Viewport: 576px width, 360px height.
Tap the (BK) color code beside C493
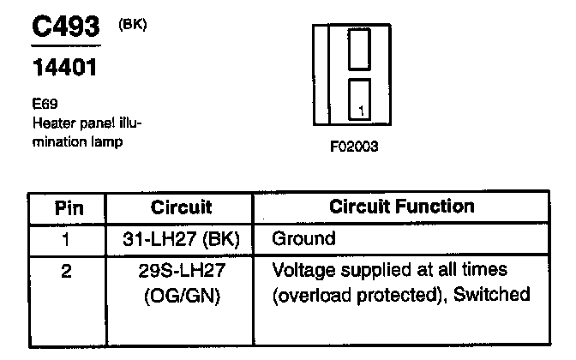point(133,24)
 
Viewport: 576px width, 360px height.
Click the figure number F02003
point(353,147)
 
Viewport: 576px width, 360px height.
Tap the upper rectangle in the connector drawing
point(358,48)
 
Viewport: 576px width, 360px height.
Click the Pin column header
point(69,207)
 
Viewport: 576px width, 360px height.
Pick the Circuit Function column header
point(402,207)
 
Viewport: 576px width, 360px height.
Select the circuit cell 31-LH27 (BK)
point(181,238)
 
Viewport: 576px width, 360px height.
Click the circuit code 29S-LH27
point(181,272)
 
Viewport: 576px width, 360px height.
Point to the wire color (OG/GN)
point(181,297)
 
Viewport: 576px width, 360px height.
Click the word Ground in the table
point(304,238)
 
